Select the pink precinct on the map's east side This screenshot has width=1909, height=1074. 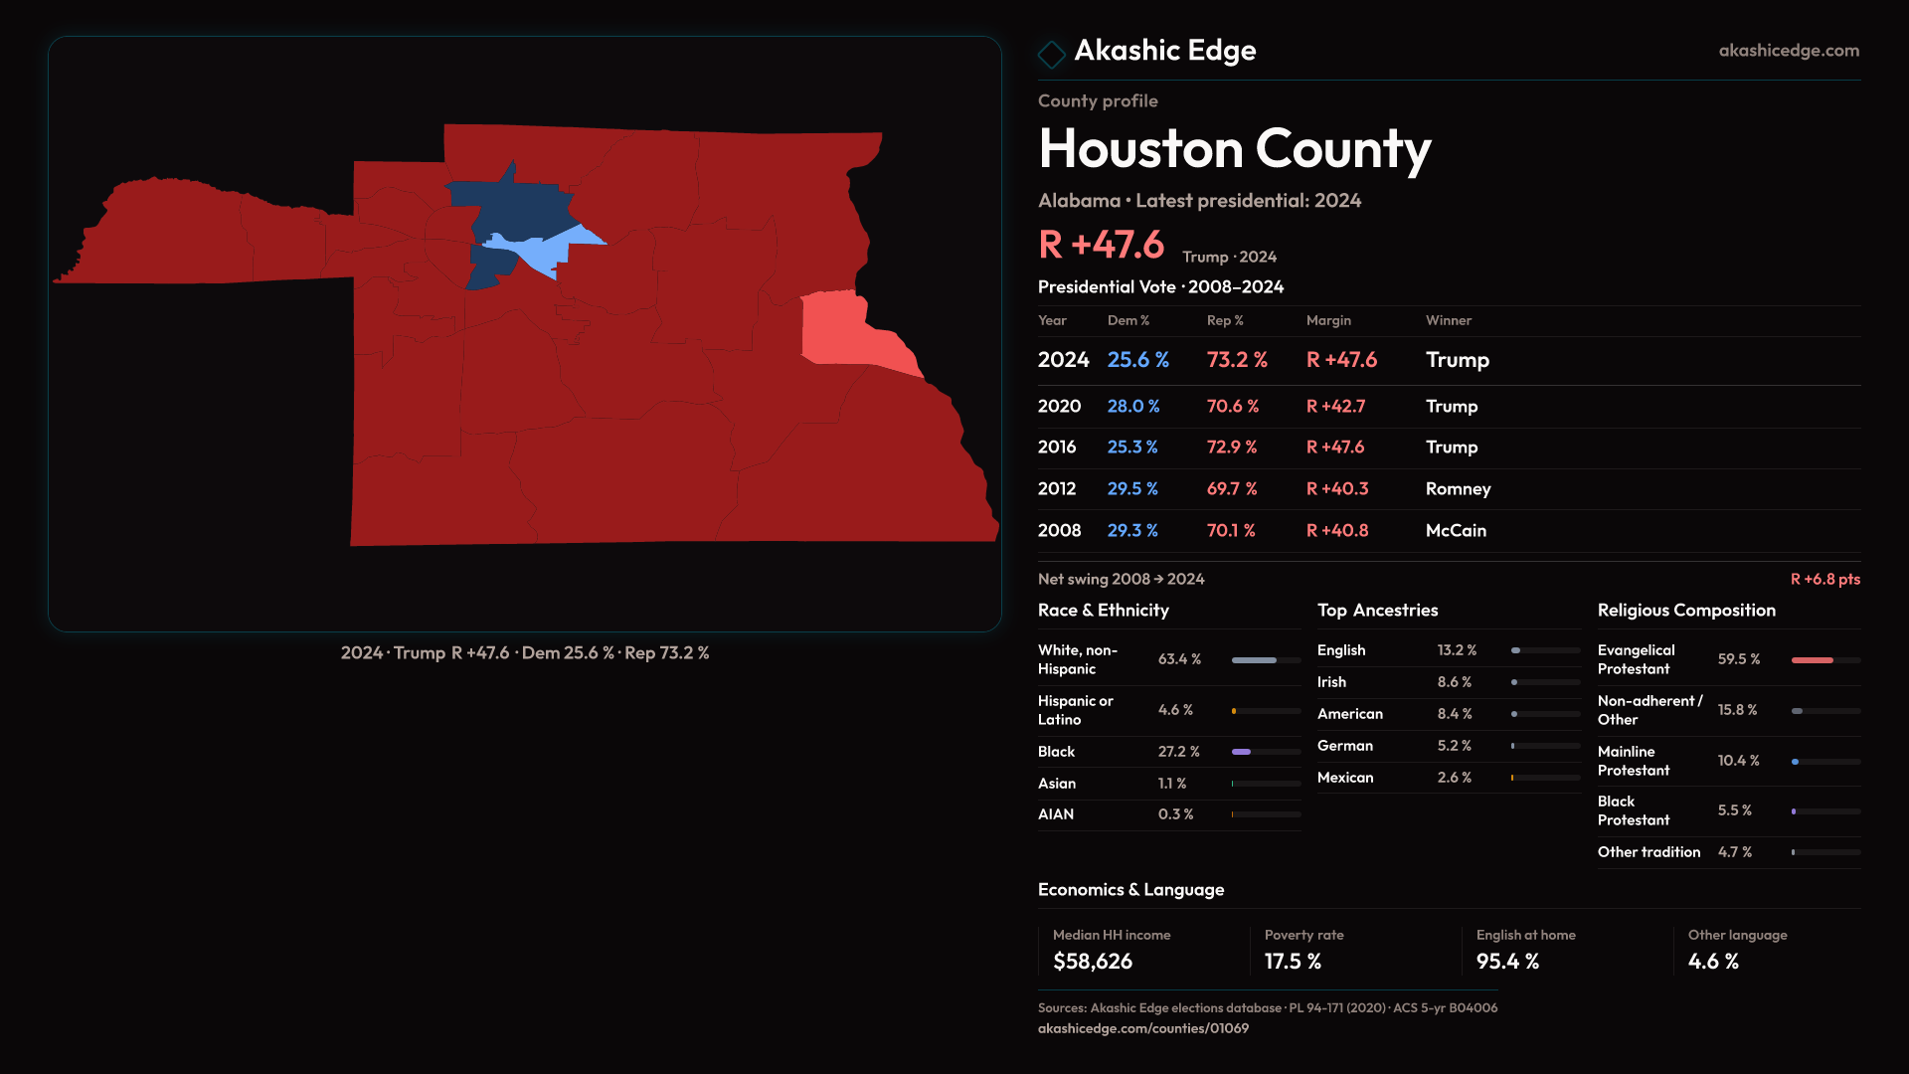pos(835,328)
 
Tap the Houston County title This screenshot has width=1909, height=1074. pos(1234,149)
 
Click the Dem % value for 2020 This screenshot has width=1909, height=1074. pos(1133,406)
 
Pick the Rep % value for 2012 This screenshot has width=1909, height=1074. pos(1232,488)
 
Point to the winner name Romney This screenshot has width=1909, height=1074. pos(1458,488)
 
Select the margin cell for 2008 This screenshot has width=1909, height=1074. pos(1337,530)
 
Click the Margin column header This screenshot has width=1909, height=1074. pos(1328,320)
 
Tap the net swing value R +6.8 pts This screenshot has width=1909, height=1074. pos(1824,579)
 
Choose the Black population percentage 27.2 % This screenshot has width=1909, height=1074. pos(1178,752)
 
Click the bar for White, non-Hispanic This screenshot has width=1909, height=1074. pos(1255,660)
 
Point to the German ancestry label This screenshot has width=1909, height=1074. pos(1344,746)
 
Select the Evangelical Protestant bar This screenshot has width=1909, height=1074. pos(1813,660)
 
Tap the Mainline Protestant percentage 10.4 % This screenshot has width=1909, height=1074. pos(1738,761)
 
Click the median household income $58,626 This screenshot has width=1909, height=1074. pos(1092,962)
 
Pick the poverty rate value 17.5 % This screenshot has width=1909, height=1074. pos(1293,962)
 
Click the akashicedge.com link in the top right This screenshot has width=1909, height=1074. pos(1788,51)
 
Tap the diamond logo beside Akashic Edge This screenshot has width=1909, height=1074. pos(1051,54)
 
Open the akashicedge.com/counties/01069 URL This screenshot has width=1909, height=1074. pos(1142,1028)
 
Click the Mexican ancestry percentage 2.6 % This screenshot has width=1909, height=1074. pos(1454,778)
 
